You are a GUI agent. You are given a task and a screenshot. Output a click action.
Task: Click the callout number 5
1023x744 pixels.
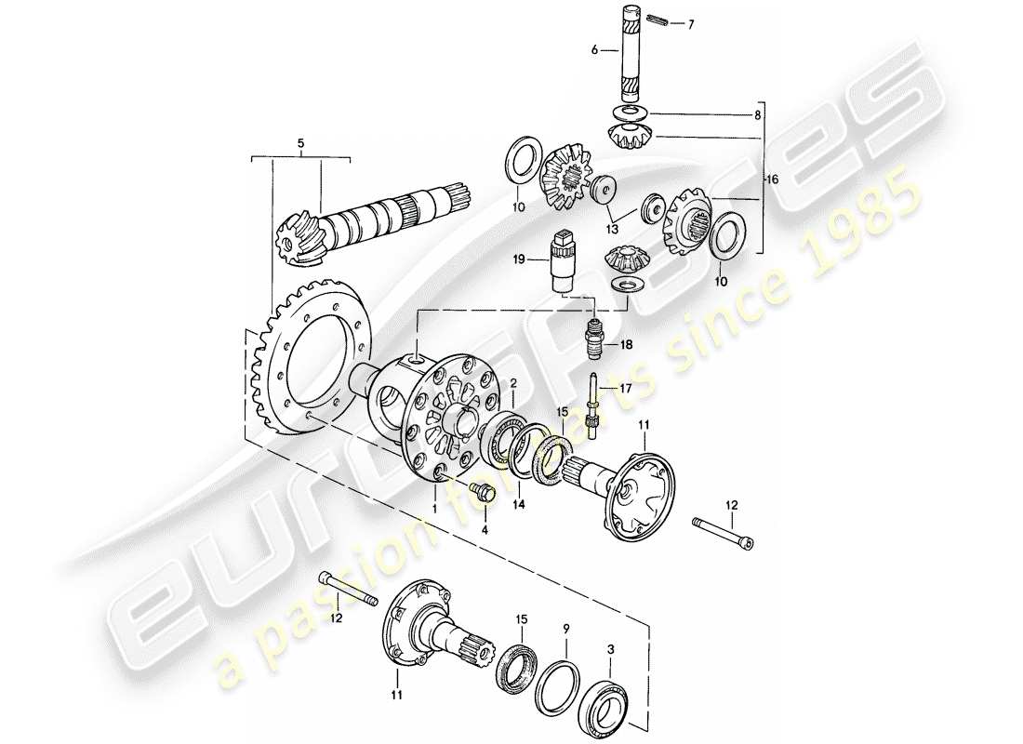point(299,144)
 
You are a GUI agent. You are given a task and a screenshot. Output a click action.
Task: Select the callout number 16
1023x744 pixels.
point(771,179)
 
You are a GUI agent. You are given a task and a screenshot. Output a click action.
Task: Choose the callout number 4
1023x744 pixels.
point(485,531)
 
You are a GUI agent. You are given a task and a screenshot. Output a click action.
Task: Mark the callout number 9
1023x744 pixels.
point(565,629)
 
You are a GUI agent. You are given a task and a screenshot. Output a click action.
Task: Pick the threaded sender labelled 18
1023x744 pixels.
point(593,338)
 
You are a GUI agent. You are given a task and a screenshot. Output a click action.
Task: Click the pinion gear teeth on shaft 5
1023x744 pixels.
point(296,237)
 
